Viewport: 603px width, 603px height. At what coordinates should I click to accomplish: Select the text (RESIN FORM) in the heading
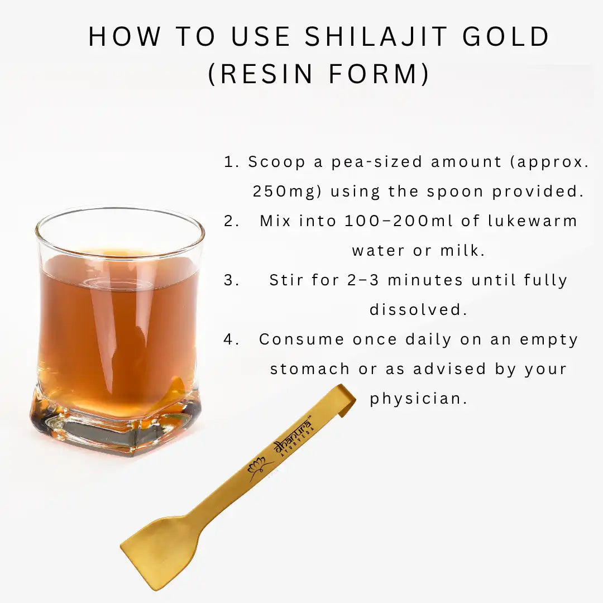[x=319, y=75]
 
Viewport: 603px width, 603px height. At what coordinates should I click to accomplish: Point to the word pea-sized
[x=377, y=162]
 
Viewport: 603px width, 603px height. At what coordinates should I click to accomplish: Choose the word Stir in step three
[x=287, y=280]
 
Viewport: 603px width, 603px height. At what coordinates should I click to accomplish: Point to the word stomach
[x=310, y=369]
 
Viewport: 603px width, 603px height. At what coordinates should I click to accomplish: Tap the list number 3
[x=231, y=280]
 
